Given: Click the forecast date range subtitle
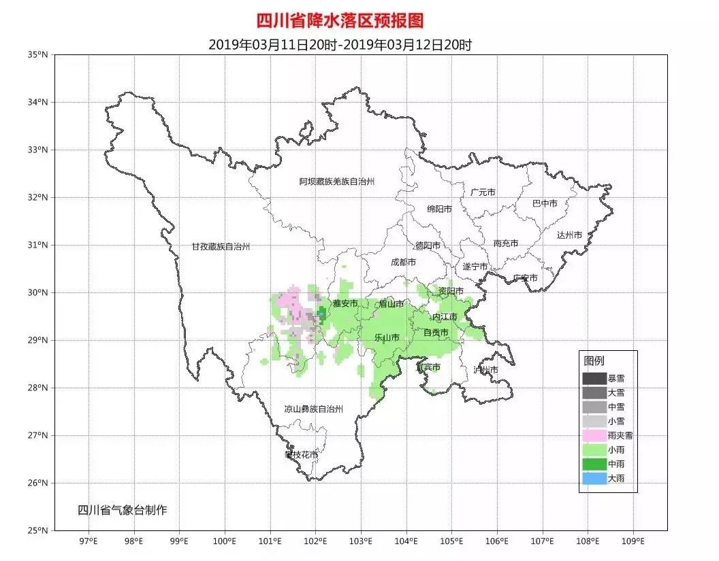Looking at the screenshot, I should click(340, 45).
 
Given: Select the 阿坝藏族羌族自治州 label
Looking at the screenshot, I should click(337, 182).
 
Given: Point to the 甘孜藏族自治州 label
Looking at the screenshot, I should click(221, 247).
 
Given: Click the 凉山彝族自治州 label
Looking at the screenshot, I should click(313, 409).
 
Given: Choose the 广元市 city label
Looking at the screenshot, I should click(483, 192).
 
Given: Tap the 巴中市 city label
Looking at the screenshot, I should click(545, 203).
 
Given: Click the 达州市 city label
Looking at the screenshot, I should click(569, 235).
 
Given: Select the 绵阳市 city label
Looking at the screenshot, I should click(439, 209).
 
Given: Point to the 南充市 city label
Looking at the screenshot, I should click(506, 243).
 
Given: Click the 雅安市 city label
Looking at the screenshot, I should click(345, 303).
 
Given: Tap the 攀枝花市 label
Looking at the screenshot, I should click(301, 454).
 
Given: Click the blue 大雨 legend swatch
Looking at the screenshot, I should click(593, 479).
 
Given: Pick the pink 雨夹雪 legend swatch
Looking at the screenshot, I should click(593, 435).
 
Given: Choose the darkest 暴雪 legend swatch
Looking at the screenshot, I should click(593, 378).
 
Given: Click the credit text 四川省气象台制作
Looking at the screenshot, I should click(122, 510).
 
